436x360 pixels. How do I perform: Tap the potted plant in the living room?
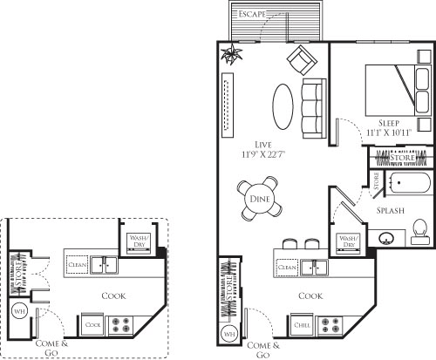pos(230,56)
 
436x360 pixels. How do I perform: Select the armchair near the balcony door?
pos(300,60)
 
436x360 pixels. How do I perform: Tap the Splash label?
pos(389,211)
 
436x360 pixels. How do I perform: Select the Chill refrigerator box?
pos(303,325)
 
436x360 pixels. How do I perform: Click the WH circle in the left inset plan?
pos(20,310)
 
